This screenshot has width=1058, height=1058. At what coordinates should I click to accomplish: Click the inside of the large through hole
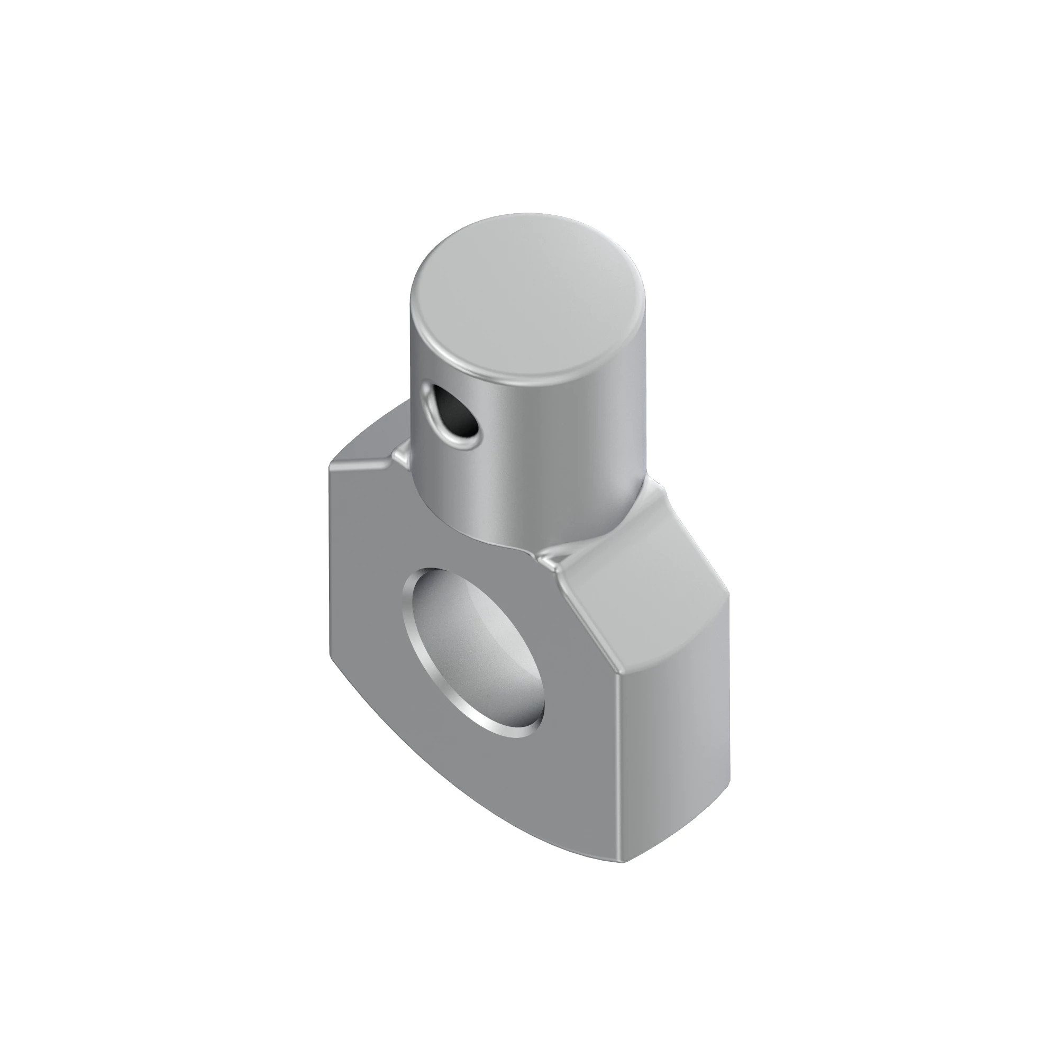(x=482, y=646)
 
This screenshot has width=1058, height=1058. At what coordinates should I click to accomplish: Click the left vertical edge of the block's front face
(x=330, y=564)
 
